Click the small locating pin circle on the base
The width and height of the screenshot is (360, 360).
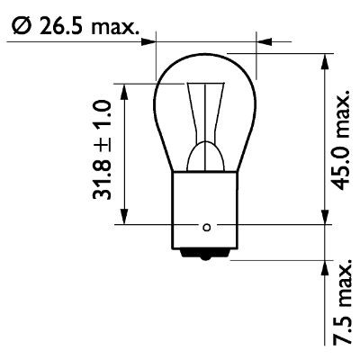tap(207, 226)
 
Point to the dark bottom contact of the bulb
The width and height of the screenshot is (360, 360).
tap(207, 255)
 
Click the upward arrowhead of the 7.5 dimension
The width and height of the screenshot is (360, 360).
tap(323, 266)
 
